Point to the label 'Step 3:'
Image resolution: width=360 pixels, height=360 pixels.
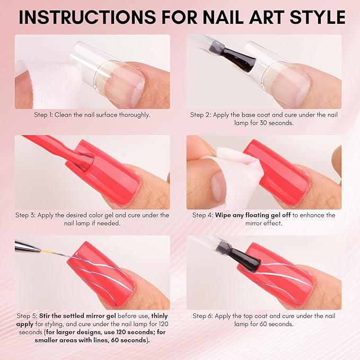(27, 215)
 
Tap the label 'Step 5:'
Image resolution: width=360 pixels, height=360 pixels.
(27, 316)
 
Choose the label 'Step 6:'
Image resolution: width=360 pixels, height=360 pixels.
(205, 316)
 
